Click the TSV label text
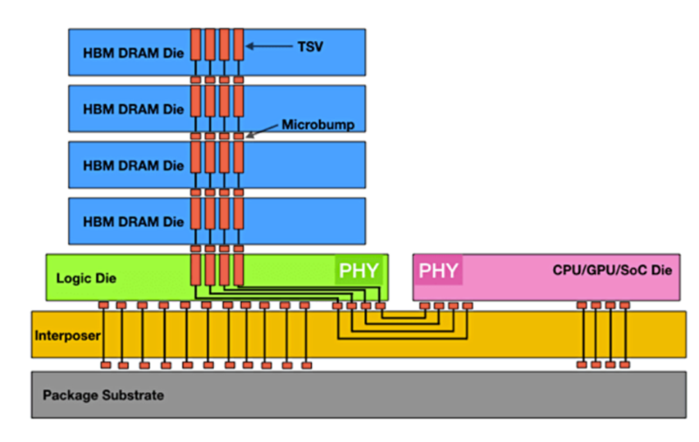[309, 46]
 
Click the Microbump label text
[317, 125]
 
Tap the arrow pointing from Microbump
[262, 131]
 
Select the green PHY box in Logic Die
[359, 270]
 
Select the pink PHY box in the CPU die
[438, 270]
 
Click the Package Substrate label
[103, 395]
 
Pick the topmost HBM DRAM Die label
[134, 52]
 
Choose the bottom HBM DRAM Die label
[134, 221]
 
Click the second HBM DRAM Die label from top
[134, 109]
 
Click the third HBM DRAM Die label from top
[134, 165]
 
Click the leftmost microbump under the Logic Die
[103, 305]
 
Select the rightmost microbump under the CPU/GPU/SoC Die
[624, 305]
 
